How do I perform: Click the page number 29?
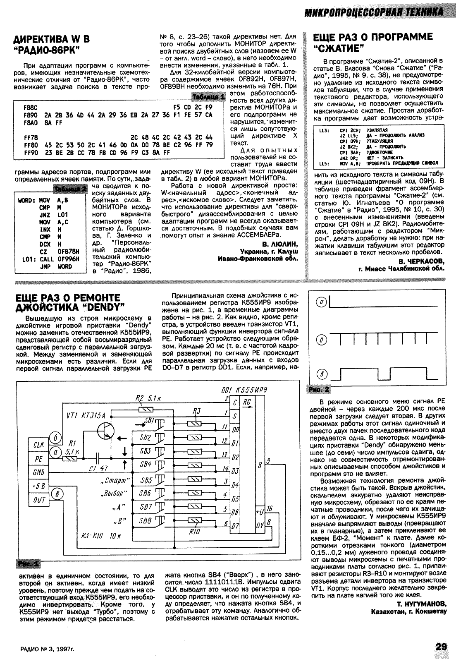441,646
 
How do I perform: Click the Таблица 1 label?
208,96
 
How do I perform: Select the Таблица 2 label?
70,189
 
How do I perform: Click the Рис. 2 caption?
320,389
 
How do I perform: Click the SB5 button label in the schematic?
146,481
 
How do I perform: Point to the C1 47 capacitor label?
98,468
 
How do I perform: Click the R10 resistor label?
194,532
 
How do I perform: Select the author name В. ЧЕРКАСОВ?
421,261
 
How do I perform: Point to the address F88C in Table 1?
31,106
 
